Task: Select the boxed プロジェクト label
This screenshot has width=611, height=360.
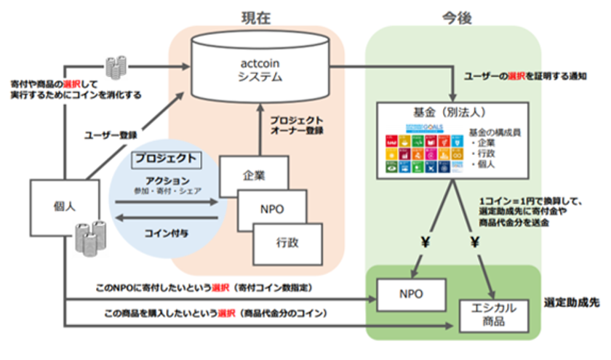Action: tap(166, 158)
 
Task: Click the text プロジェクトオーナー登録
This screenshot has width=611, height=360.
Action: tap(296, 124)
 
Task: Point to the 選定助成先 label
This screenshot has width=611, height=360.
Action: tap(574, 301)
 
